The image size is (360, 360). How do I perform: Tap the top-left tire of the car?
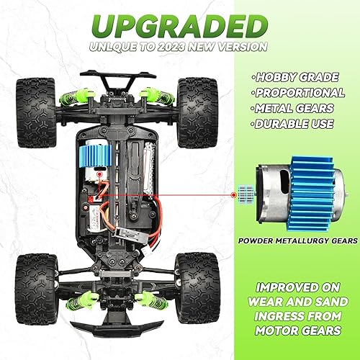pyautogui.click(x=37, y=112)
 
